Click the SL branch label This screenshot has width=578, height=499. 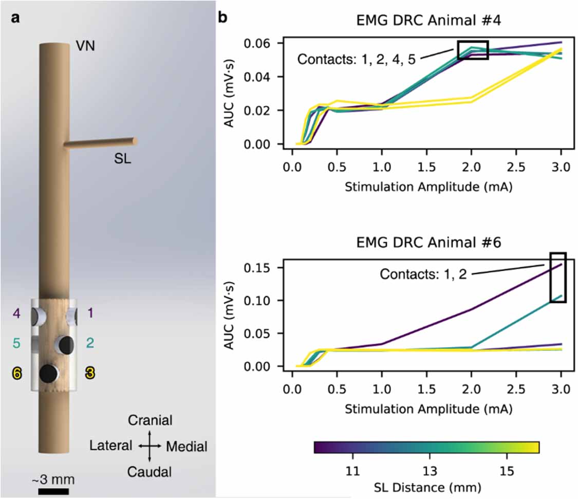122,159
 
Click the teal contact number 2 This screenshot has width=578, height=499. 90,343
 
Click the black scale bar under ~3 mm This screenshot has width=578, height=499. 53,491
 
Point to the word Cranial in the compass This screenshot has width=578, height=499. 150,420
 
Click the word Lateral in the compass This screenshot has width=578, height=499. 111,446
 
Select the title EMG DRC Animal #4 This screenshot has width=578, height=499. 425,22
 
